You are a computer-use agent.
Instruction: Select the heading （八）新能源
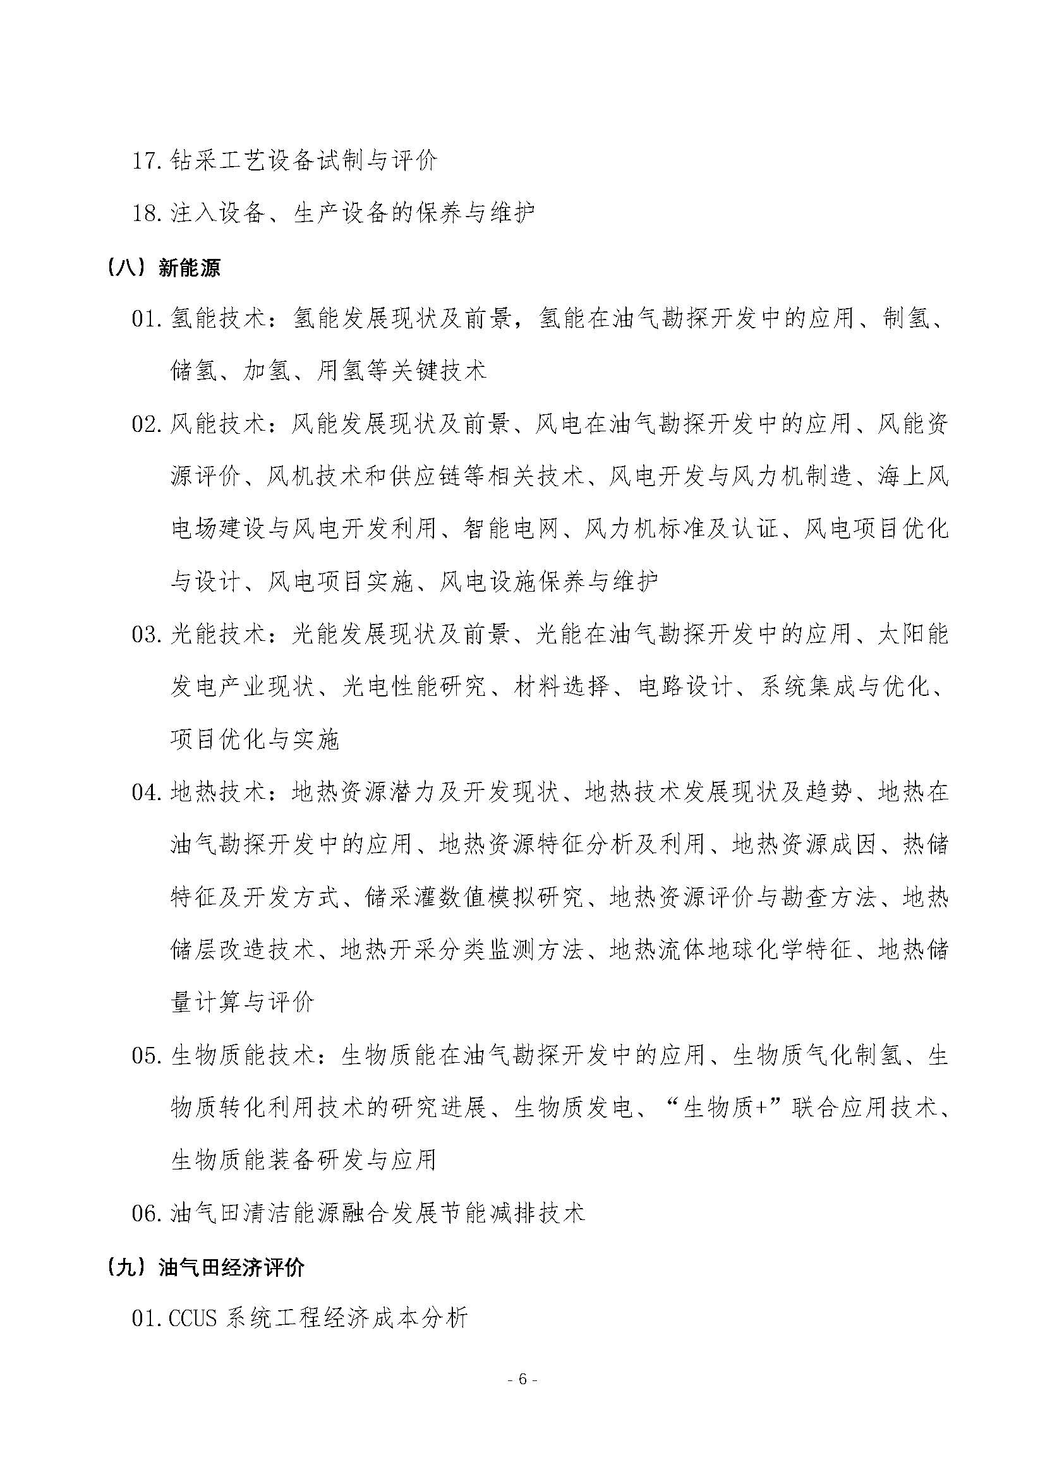click(165, 267)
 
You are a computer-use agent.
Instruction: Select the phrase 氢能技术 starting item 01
click(219, 318)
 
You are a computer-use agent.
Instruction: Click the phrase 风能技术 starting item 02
click(219, 424)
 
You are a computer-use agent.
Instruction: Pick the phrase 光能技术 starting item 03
click(219, 635)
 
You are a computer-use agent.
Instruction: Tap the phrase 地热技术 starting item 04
click(219, 792)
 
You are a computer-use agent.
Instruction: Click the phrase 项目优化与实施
click(255, 741)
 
